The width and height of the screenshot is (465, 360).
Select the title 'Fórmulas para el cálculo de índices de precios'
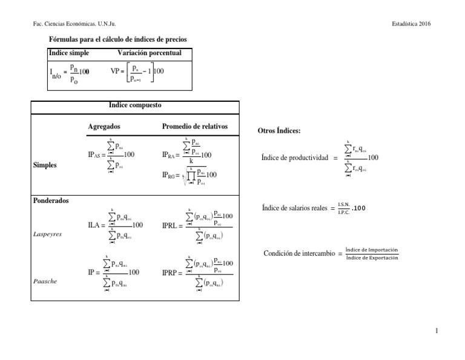(117, 39)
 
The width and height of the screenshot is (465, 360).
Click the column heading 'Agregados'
(104, 126)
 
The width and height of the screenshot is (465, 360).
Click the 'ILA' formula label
(94, 225)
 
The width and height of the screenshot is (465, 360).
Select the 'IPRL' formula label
(170, 225)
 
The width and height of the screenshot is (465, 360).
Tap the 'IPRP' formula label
(170, 273)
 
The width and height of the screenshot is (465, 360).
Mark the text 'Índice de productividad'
(295, 158)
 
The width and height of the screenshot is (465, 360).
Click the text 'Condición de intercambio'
(299, 254)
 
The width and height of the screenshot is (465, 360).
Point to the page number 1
(436, 332)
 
